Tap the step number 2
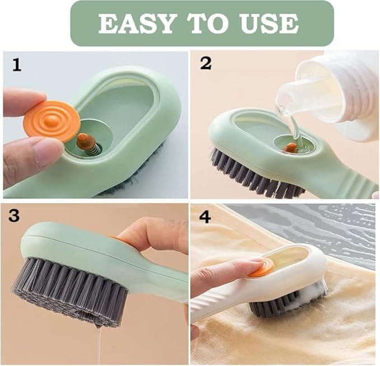[205, 63]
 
